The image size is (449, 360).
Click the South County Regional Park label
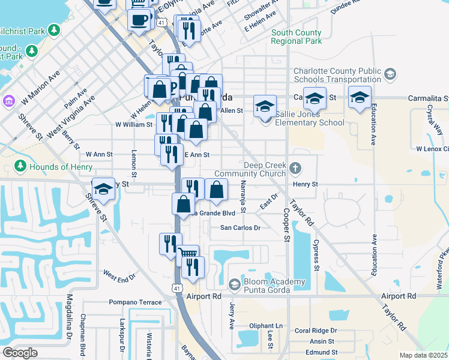(296, 37)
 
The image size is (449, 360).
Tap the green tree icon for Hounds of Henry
(20, 166)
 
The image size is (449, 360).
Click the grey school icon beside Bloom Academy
(235, 284)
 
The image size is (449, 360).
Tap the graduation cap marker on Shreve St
(103, 189)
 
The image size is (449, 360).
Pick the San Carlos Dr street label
(240, 228)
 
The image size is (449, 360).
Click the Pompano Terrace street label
(135, 302)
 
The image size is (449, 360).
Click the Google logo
(20, 353)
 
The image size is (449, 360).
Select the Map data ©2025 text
(423, 355)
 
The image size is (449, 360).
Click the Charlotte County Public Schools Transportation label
(337, 75)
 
